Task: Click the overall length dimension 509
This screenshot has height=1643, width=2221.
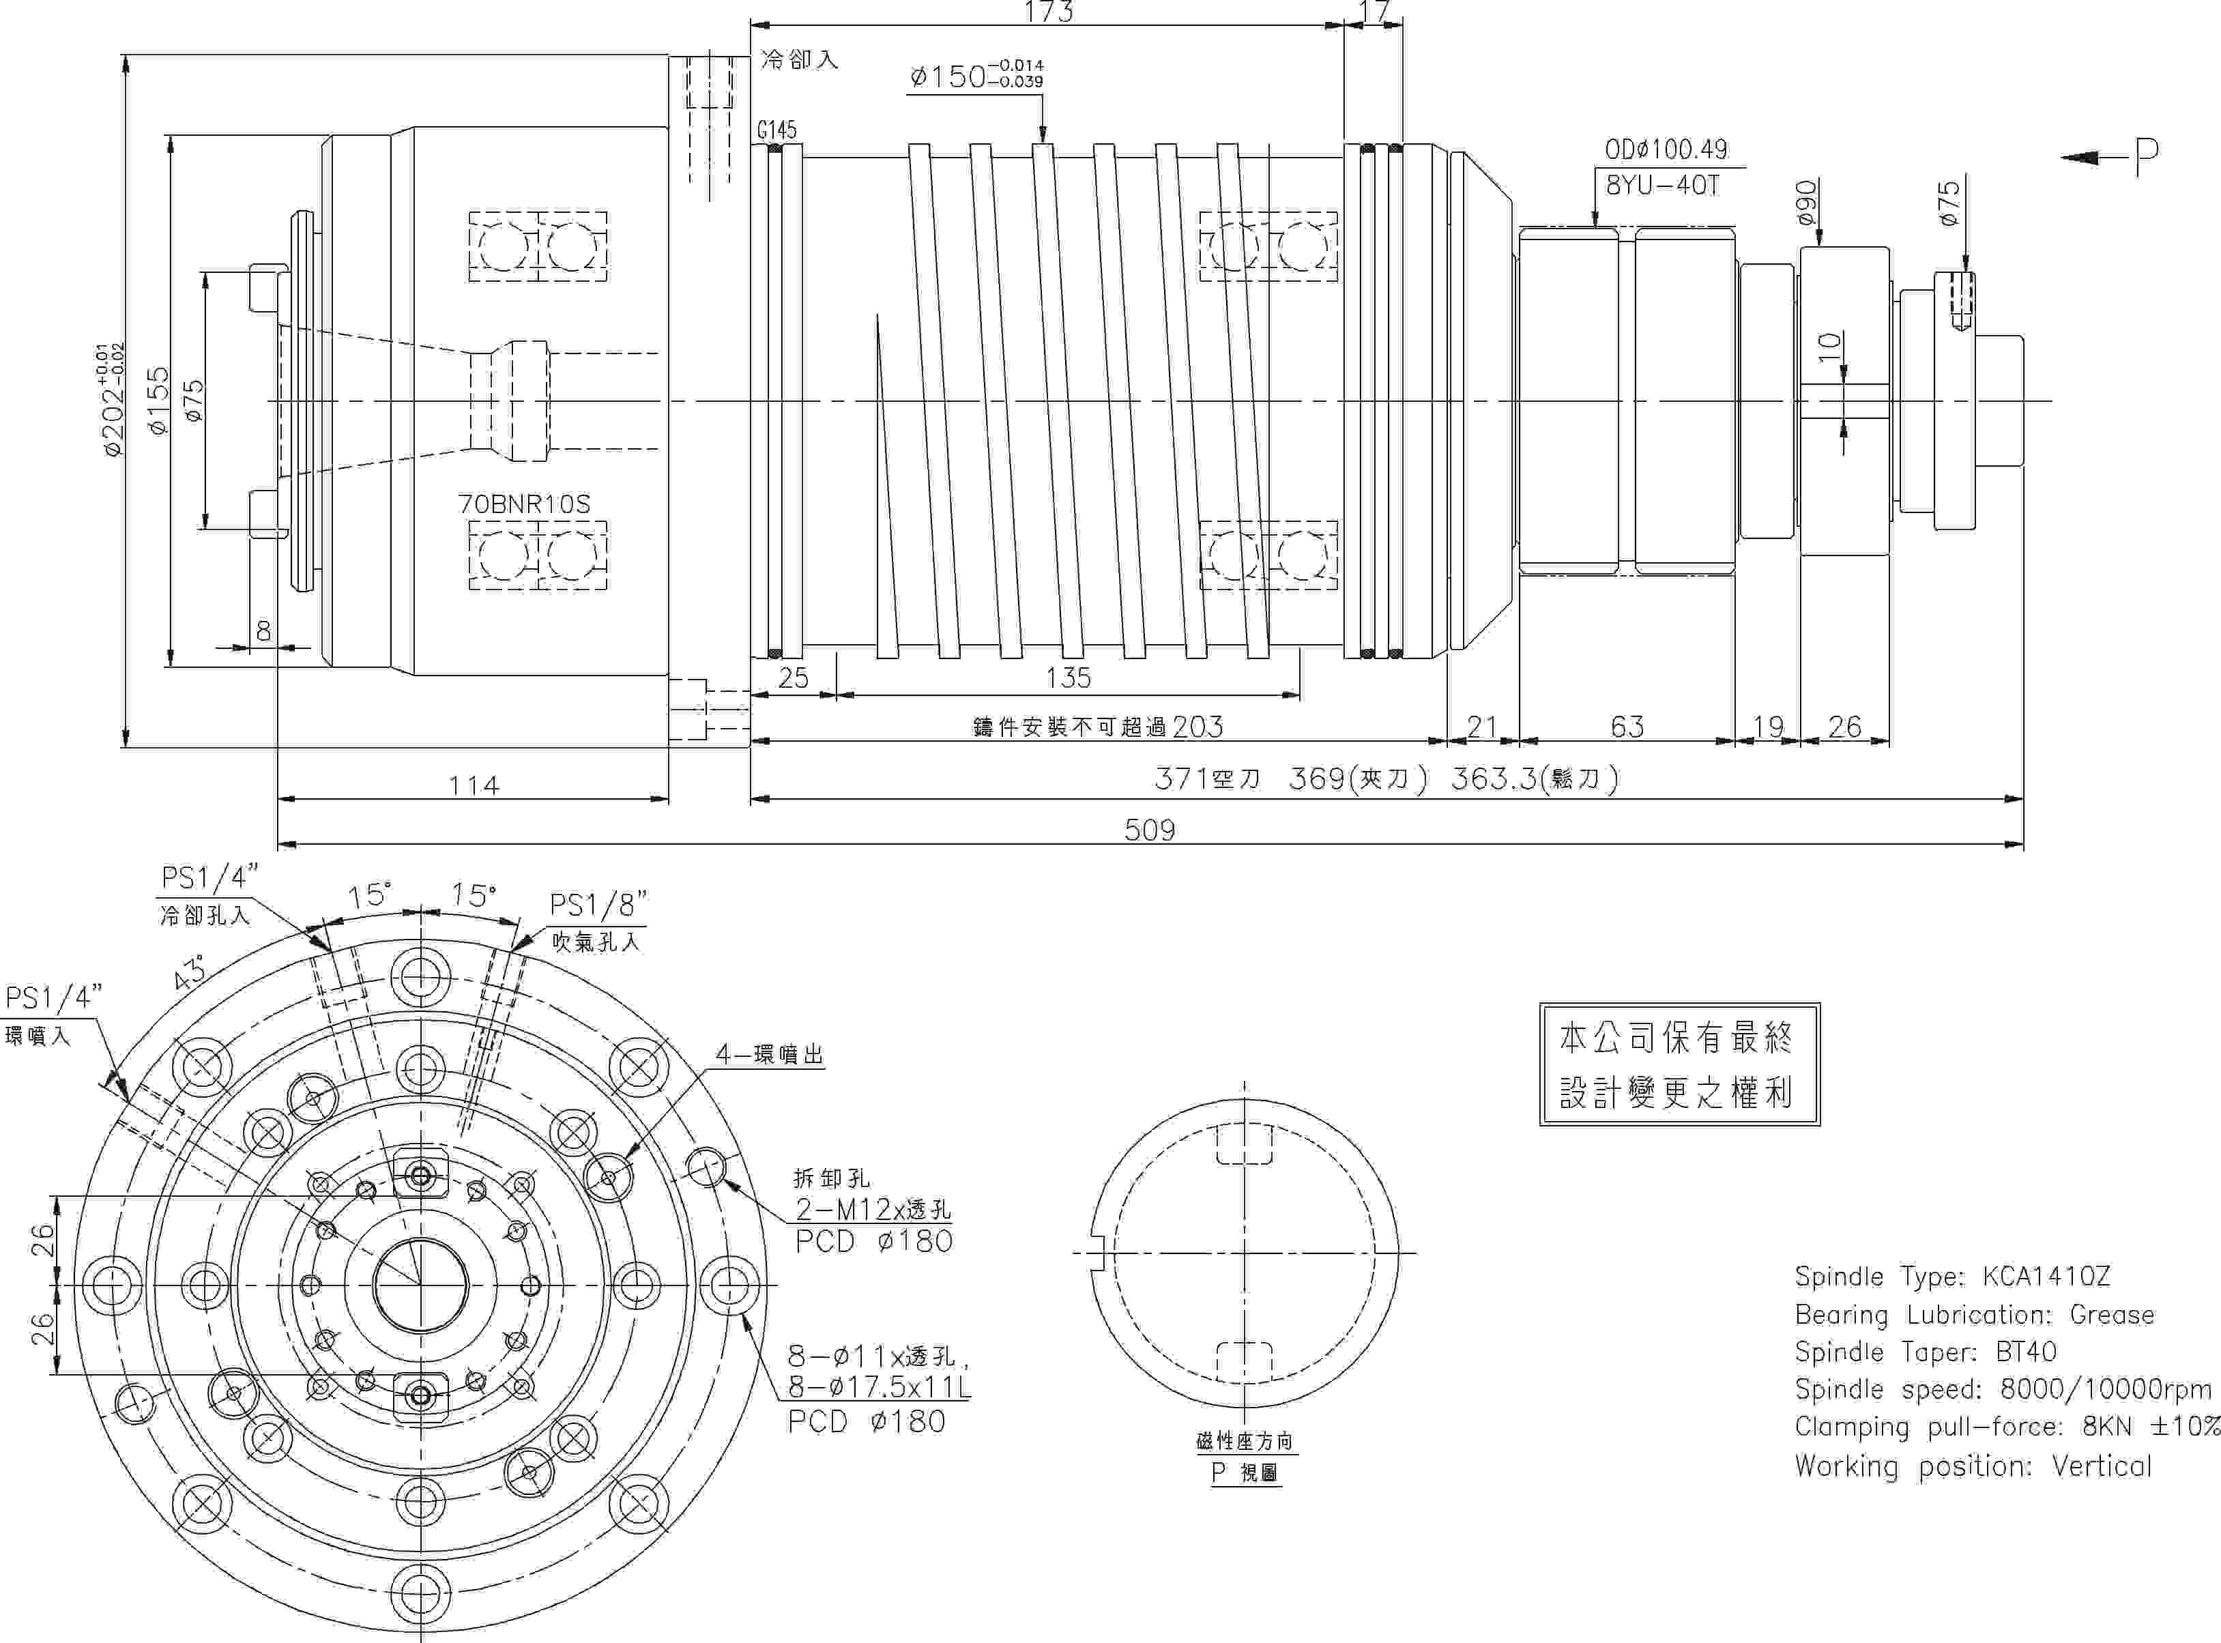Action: pos(1149,830)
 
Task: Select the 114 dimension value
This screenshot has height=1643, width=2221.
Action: pos(474,786)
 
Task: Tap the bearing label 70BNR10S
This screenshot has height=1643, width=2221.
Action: pos(524,504)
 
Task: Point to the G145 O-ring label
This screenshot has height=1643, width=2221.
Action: pos(776,130)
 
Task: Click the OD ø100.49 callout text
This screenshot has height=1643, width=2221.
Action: pos(1666,149)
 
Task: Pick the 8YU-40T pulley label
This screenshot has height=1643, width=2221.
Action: pos(1663,185)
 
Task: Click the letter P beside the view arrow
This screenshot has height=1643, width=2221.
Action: pos(2147,155)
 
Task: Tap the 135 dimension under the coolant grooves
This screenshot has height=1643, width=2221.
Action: pos(1069,678)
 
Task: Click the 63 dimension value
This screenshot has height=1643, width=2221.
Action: pos(1627,727)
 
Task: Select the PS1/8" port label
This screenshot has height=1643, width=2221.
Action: pos(598,905)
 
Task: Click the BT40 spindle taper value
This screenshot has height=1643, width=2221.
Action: pos(2026,1352)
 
